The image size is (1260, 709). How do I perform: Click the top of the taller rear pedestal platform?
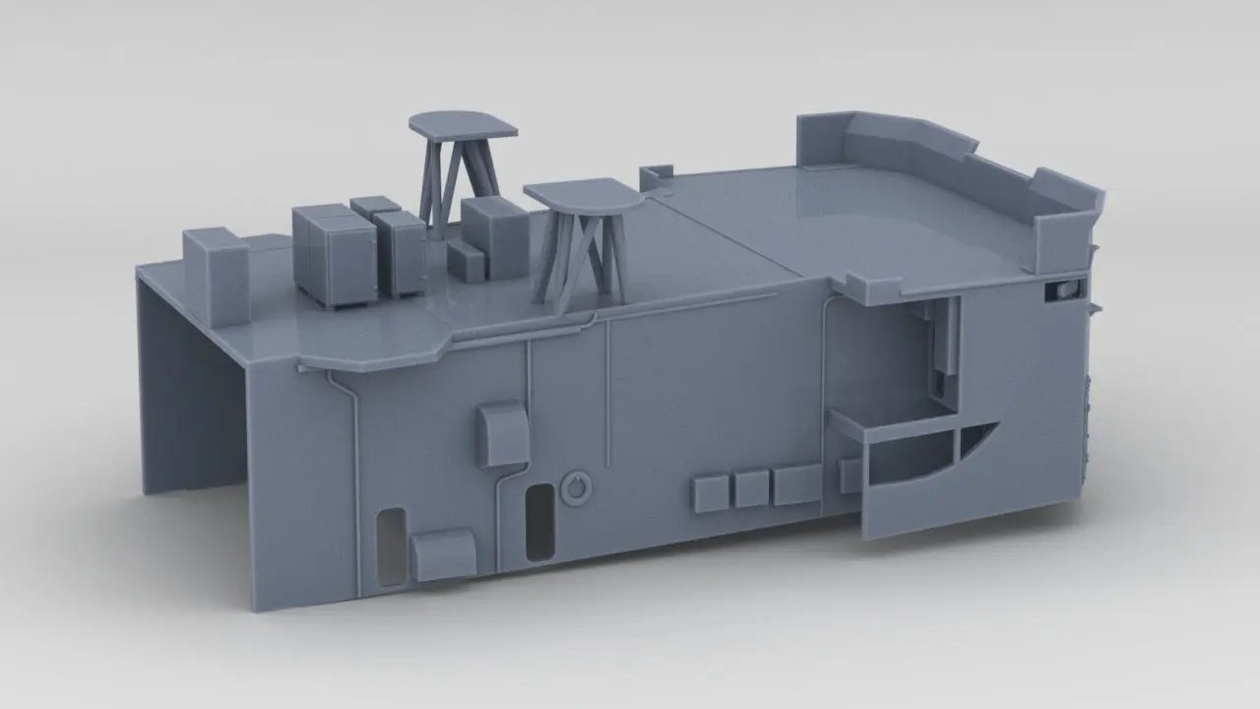[x=463, y=124]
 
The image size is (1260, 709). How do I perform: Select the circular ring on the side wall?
[x=575, y=486]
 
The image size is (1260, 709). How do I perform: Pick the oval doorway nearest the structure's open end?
[x=391, y=548]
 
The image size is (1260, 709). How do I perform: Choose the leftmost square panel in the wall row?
[x=712, y=492]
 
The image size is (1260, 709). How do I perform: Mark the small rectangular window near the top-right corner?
[x=1063, y=289]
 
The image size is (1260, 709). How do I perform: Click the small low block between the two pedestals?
[x=467, y=259]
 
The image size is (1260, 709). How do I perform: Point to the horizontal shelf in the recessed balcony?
[x=891, y=429]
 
